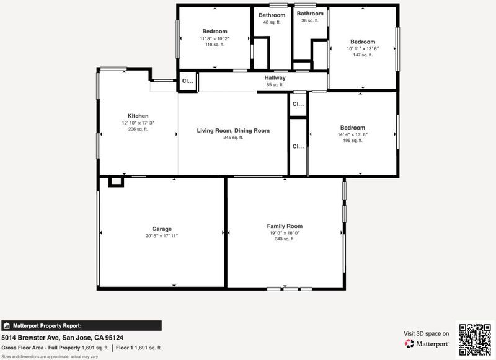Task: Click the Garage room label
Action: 162,229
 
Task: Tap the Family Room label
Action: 285,226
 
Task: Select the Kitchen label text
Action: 138,116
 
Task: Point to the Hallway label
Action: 275,77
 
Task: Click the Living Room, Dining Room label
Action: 233,131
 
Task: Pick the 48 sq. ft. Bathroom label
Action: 272,15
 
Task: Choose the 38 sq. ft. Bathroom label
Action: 310,14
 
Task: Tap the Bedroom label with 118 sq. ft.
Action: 215,31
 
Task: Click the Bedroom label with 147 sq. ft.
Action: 363,42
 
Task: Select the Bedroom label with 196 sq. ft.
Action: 352,128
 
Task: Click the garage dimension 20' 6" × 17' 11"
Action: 162,236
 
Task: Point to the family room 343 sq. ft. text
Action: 285,239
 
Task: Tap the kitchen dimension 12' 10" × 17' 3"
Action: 138,123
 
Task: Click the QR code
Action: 475,340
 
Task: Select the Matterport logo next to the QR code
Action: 426,343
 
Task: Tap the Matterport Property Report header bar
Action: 81,325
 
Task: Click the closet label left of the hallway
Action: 188,81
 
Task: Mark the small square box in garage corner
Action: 116,182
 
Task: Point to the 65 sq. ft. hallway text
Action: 275,85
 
